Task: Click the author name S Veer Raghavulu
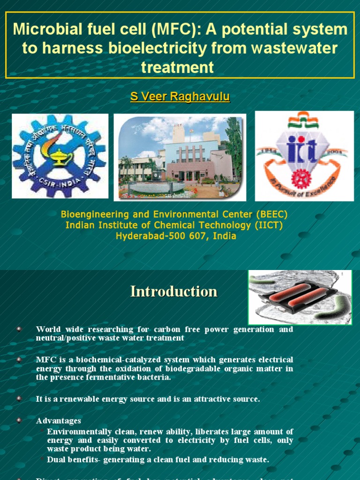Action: pos(180,97)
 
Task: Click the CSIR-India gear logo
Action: pos(60,156)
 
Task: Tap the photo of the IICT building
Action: pos(180,157)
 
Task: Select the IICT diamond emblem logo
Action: pos(304,156)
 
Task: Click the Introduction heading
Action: pos(174,291)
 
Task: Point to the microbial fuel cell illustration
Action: pos(300,298)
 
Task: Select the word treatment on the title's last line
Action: pos(178,67)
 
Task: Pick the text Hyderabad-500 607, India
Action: pos(176,236)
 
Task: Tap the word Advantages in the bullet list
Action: pos(59,420)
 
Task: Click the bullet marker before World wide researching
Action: pos(19,329)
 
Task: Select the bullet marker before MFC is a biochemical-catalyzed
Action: pos(19,360)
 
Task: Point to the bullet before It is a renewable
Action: pos(19,398)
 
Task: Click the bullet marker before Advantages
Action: pos(19,420)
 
